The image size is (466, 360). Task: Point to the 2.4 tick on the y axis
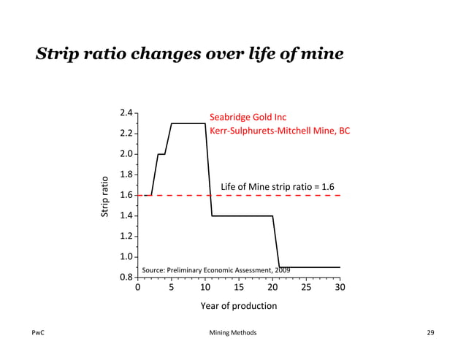coord(126,113)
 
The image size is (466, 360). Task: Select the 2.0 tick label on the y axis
coord(126,154)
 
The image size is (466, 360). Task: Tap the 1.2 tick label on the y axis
coord(126,237)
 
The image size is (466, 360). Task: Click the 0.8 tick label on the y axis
coord(126,277)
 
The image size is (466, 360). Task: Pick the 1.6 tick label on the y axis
coord(126,196)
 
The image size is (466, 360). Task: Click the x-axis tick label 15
coord(239,288)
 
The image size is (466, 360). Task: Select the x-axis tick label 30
coord(340,288)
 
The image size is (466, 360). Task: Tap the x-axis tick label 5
coord(172,288)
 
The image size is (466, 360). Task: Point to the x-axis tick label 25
coord(306,288)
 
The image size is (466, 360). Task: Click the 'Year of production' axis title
coord(239,306)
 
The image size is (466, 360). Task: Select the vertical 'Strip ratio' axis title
coord(104,196)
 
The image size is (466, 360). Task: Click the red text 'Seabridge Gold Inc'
coord(248,118)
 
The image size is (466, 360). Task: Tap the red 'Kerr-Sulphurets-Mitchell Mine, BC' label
coord(280,131)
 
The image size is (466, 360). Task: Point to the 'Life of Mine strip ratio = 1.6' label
coord(278,188)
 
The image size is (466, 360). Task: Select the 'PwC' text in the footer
coord(39,333)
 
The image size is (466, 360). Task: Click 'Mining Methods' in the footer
coord(232,333)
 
